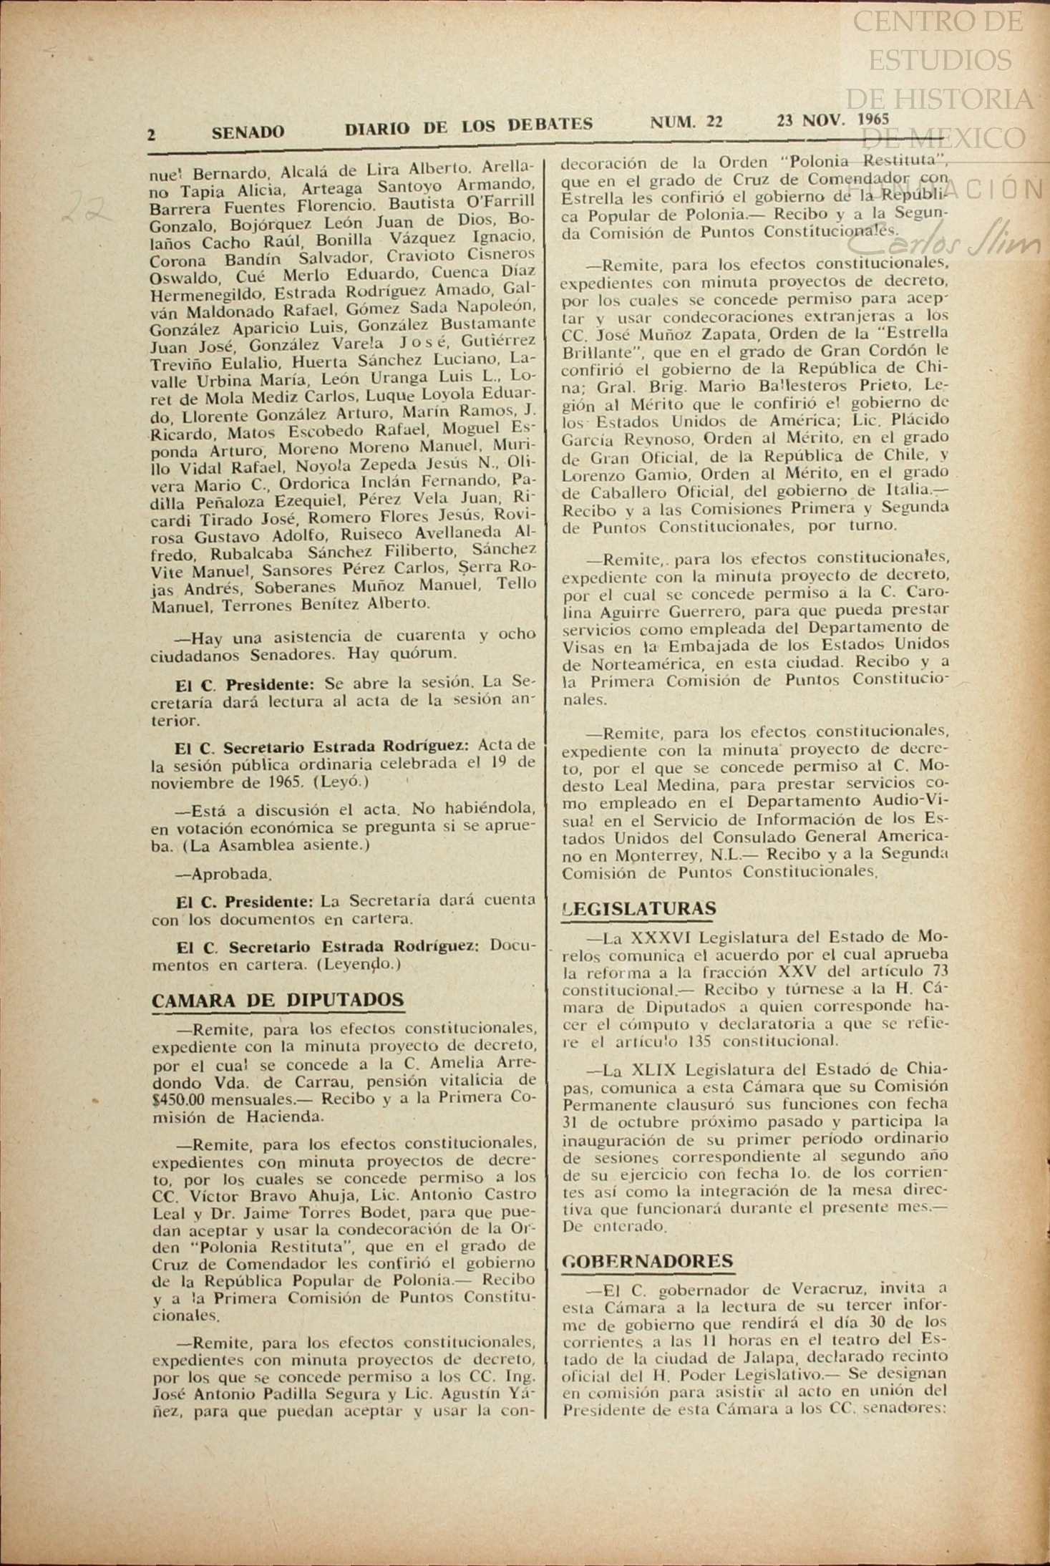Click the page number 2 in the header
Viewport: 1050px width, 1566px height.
coord(152,134)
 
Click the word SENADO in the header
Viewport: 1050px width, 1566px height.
coord(248,132)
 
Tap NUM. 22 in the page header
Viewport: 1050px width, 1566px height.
coord(686,122)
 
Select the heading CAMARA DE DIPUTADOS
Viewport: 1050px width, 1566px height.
coord(278,1001)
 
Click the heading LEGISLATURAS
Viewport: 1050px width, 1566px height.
coord(639,909)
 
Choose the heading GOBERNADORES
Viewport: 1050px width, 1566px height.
coord(648,1261)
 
